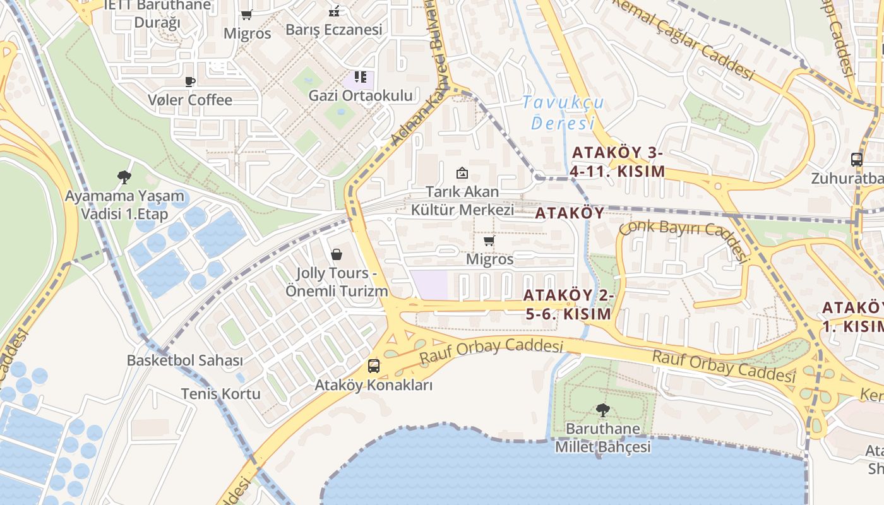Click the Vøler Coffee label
click(190, 100)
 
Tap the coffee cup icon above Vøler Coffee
click(190, 81)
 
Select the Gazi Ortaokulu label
click(361, 95)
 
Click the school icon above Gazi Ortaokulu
click(360, 77)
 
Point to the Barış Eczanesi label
click(334, 30)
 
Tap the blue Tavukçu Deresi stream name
click(563, 112)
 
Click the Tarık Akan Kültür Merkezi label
click(462, 201)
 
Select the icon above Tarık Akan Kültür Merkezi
click(462, 172)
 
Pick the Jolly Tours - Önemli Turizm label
click(337, 282)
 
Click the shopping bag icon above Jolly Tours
click(337, 254)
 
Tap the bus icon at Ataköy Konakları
click(374, 366)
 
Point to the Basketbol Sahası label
click(185, 360)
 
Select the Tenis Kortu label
click(221, 394)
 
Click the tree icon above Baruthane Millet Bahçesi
click(603, 410)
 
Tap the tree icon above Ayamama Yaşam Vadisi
click(124, 177)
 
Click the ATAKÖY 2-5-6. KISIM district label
click(567, 304)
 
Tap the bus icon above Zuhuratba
click(857, 160)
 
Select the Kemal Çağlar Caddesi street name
click(683, 39)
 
